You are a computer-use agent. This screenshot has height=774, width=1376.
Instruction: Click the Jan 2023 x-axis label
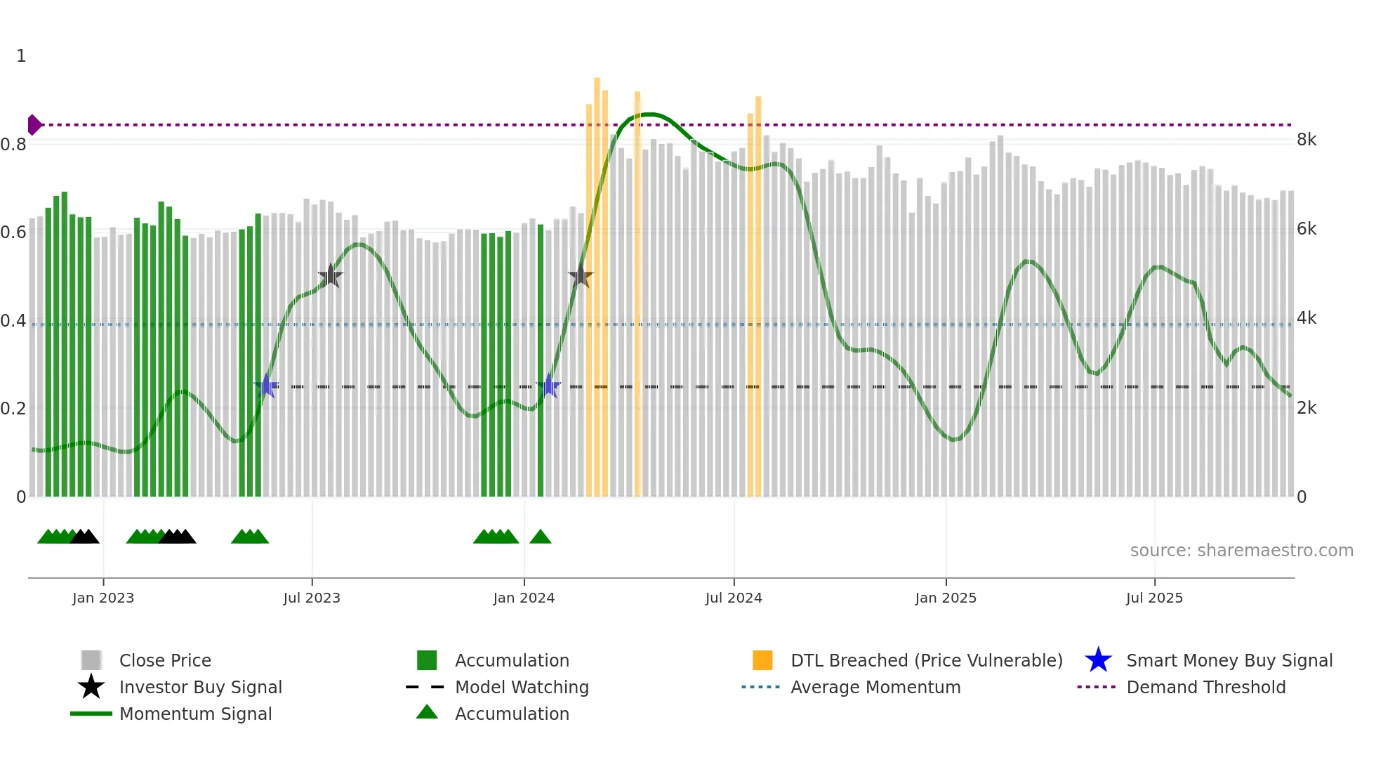pos(103,598)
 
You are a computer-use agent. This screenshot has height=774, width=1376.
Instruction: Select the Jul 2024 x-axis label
pos(734,598)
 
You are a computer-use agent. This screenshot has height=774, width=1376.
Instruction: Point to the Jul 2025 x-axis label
pos(1154,598)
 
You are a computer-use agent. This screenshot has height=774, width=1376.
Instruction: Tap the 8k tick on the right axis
pos(1306,140)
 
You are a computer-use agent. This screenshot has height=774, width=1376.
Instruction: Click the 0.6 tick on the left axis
pos(13,232)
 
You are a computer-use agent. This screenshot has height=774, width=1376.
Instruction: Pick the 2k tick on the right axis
pos(1306,408)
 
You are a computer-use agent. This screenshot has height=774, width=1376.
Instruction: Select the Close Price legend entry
pos(165,660)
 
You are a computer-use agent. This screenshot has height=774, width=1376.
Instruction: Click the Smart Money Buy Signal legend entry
pos(1229,660)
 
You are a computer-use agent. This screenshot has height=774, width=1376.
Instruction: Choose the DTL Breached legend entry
pos(926,660)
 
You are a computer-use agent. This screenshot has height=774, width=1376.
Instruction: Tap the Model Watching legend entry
pos(522,687)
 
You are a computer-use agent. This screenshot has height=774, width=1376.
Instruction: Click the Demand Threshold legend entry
pos(1205,687)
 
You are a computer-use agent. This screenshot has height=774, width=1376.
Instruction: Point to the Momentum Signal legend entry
pos(195,714)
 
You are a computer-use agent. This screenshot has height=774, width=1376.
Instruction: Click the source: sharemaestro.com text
pos(1241,550)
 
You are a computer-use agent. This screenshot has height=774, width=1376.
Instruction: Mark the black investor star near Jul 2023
pos(331,276)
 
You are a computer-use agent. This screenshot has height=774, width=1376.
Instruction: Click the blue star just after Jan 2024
pos(548,386)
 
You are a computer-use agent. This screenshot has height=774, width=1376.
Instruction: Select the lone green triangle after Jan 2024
pos(541,537)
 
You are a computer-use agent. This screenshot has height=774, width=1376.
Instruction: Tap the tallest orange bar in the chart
pos(597,281)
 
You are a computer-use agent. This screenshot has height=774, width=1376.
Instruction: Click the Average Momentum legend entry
pos(875,687)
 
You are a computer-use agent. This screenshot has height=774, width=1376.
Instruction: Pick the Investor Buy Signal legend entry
pos(200,687)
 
